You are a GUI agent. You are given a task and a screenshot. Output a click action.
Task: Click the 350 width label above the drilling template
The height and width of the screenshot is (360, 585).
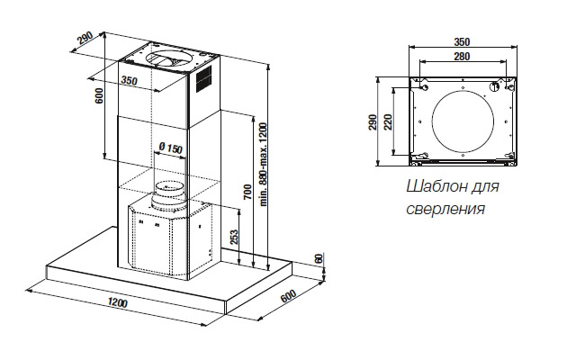(462, 41)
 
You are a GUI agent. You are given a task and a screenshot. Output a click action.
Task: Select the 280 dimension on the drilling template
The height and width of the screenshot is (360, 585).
(462, 58)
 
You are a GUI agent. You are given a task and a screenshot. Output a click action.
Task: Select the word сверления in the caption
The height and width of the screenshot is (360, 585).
(445, 209)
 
